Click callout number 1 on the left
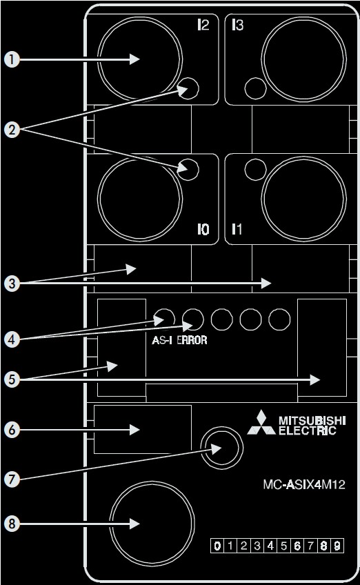(12, 59)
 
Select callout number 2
(12, 129)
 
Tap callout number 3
(12, 283)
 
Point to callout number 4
(12, 339)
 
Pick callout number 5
(12, 379)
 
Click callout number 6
(12, 429)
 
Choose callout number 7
(12, 479)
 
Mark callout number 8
(12, 524)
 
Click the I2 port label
(203, 25)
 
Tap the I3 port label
(237, 25)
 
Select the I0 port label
(203, 230)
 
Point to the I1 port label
(237, 229)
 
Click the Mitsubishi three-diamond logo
(261, 423)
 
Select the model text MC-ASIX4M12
(304, 484)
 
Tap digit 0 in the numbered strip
(217, 546)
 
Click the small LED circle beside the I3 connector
(256, 89)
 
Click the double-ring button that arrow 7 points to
(221, 448)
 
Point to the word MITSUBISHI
(312, 421)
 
